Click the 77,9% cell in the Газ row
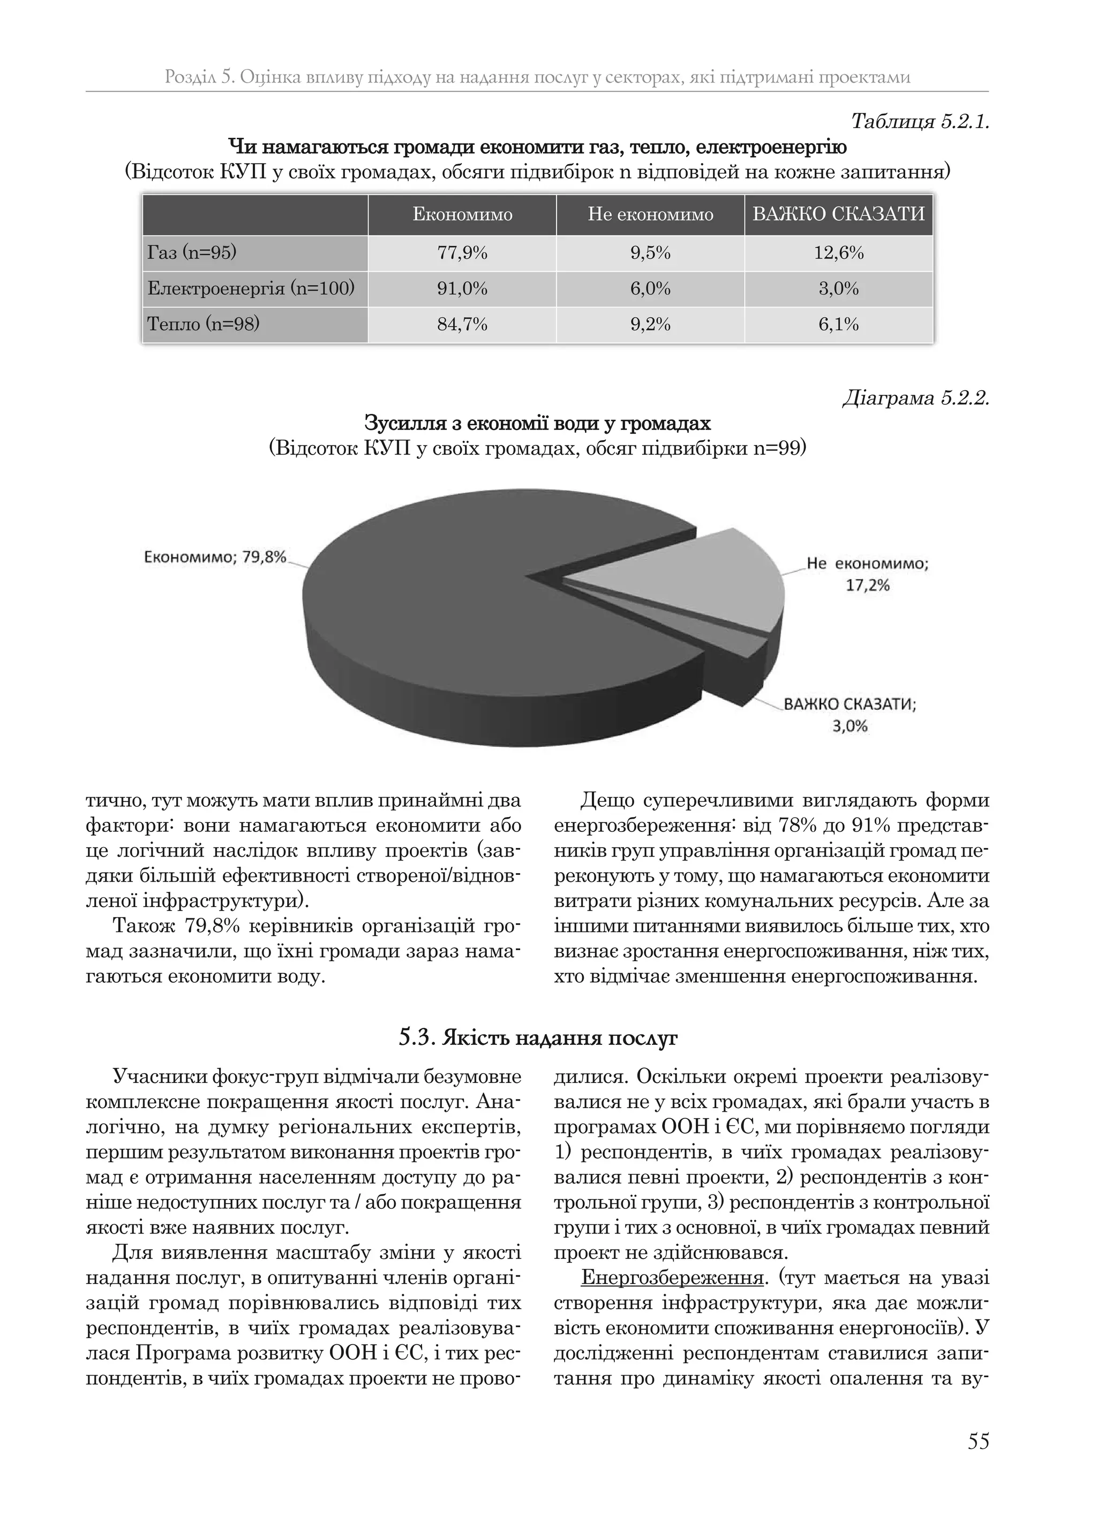point(462,254)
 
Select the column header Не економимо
point(650,215)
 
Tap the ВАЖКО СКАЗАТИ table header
point(838,215)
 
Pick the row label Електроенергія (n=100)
point(251,288)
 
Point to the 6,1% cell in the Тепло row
point(838,324)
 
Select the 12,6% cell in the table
point(838,254)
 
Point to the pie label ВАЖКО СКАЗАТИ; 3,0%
point(850,715)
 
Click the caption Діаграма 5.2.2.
point(915,398)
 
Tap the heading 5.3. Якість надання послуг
point(538,1038)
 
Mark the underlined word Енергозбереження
point(672,1278)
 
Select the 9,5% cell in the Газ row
point(650,254)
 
